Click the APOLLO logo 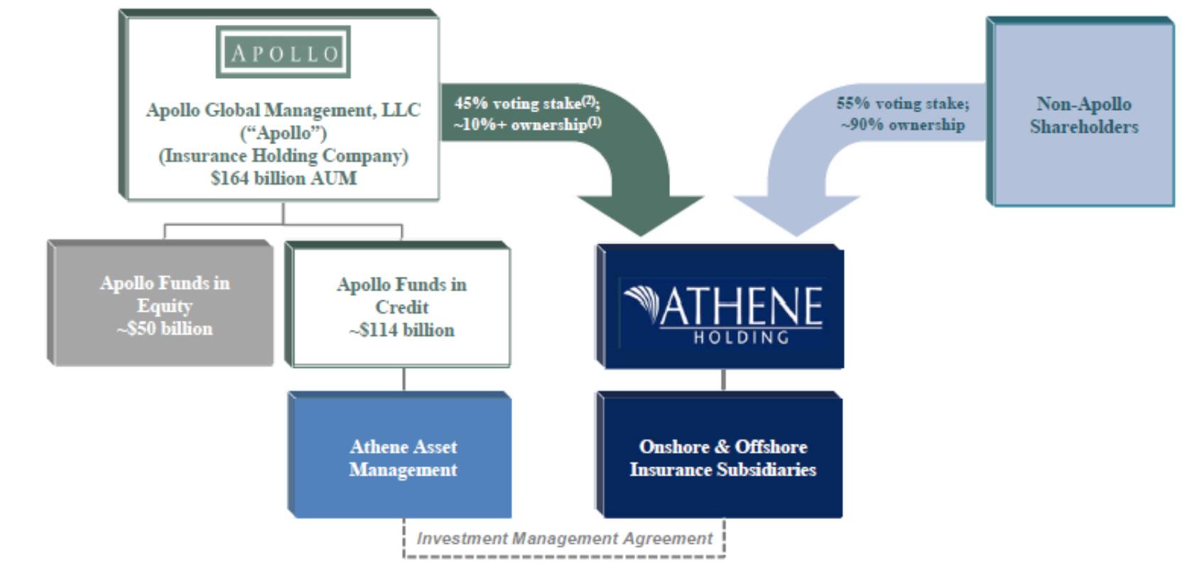pyautogui.click(x=283, y=53)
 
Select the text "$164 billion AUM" pyautogui.click(x=283, y=178)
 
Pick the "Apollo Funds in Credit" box pyautogui.click(x=401, y=307)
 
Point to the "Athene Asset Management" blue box pyautogui.click(x=403, y=458)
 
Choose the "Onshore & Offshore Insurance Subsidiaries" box pyautogui.click(x=722, y=458)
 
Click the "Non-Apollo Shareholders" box pyautogui.click(x=1083, y=115)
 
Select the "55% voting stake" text pyautogui.click(x=902, y=103)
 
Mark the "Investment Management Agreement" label pyautogui.click(x=564, y=539)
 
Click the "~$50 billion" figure pyautogui.click(x=165, y=329)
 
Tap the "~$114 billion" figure pyautogui.click(x=401, y=330)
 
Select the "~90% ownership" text pyautogui.click(x=902, y=125)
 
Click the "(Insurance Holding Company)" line pyautogui.click(x=283, y=155)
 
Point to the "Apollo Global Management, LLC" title pyautogui.click(x=283, y=110)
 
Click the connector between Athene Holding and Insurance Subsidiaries pyautogui.click(x=723, y=380)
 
